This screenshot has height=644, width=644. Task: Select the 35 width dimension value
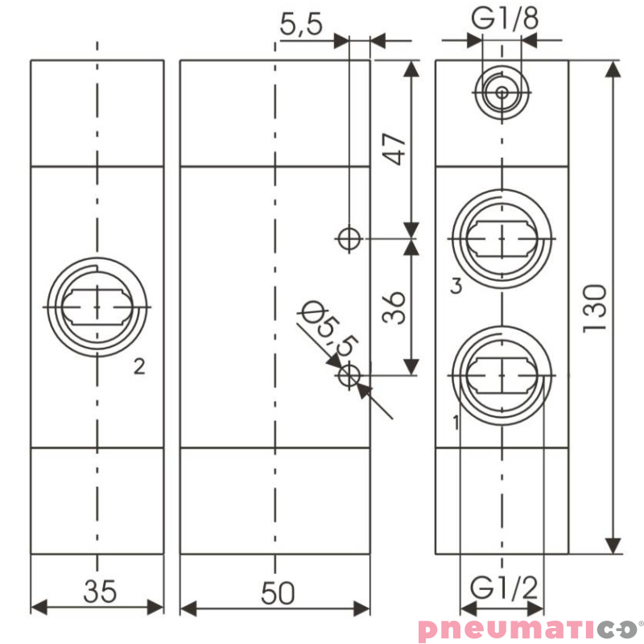coord(101,592)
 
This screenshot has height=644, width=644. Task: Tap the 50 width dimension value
coord(278,593)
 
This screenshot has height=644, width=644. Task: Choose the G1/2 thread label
coord(504,586)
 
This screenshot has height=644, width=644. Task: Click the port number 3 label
coord(456,286)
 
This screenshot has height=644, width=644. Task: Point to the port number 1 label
coord(456,421)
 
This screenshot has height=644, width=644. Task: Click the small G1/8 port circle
coord(502,93)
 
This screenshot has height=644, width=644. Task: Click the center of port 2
coord(97,307)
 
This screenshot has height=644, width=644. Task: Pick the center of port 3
coord(502,239)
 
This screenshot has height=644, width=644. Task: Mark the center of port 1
coord(502,374)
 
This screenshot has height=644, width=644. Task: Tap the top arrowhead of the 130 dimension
coord(613,68)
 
